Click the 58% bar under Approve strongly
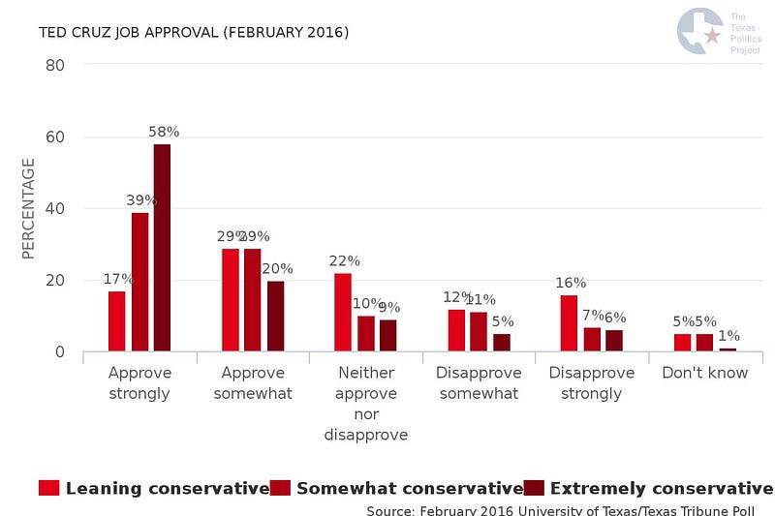click(162, 248)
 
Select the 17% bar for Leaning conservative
click(117, 320)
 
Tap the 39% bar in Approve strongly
click(139, 282)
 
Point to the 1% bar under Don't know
click(728, 349)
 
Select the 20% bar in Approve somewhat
click(275, 316)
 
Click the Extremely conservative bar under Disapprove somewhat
click(501, 342)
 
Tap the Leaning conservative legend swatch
click(49, 488)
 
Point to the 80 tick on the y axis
click(54, 65)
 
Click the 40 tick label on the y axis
click(54, 208)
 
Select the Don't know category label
click(705, 373)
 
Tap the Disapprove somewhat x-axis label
click(479, 383)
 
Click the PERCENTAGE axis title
click(28, 208)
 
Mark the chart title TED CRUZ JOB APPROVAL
click(194, 33)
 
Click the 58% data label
click(163, 132)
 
